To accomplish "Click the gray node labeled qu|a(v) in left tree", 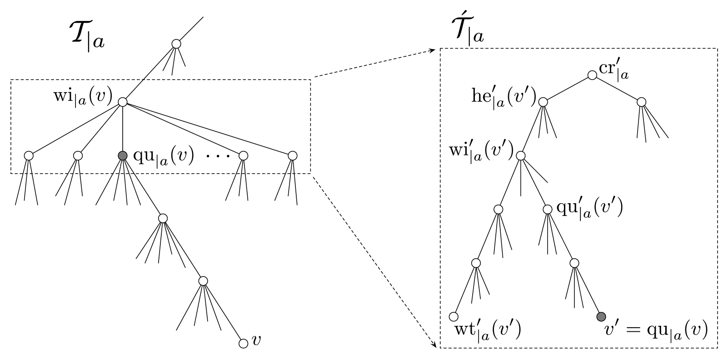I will click(x=122, y=155).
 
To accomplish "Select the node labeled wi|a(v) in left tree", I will click(x=122, y=102).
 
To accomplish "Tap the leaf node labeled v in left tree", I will click(x=243, y=344).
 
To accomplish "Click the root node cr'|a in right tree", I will click(x=592, y=75).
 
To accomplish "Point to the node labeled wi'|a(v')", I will click(x=521, y=155).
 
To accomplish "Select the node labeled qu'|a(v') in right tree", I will click(x=548, y=209).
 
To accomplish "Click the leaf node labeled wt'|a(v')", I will click(x=453, y=316).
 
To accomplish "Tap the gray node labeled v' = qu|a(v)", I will click(x=601, y=316).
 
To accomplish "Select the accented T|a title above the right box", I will click(x=466, y=30).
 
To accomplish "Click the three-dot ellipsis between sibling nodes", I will click(x=218, y=156).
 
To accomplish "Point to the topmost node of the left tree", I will click(x=176, y=44).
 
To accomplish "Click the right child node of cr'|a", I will click(x=641, y=102).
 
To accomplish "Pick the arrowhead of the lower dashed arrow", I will click(x=434, y=345).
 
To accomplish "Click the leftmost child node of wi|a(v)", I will click(x=29, y=155).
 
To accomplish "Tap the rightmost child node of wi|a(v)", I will click(x=293, y=155).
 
